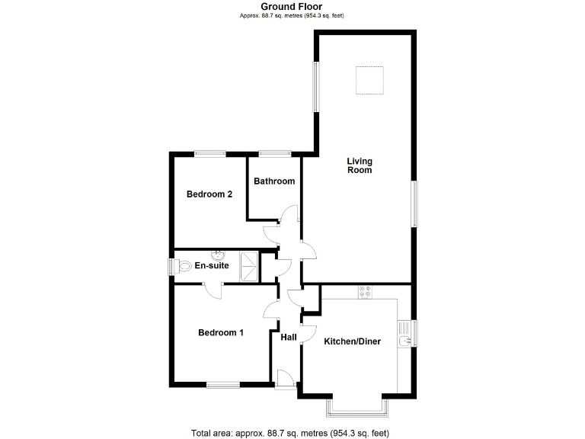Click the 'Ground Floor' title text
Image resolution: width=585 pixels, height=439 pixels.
[x=292, y=7]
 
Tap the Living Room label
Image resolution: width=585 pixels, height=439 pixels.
[x=360, y=165]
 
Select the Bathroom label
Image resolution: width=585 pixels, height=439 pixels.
[x=274, y=181]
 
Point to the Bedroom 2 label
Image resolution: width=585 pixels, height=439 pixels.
[x=209, y=194]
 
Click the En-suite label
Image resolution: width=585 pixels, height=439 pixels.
[x=212, y=266]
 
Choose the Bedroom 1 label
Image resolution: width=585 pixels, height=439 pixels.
[x=221, y=332]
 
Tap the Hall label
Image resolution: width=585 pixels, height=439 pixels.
[x=289, y=338]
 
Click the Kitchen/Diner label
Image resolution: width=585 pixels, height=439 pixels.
[x=352, y=341]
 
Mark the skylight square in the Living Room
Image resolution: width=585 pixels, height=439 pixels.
[x=369, y=80]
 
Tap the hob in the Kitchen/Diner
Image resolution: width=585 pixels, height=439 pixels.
[x=364, y=292]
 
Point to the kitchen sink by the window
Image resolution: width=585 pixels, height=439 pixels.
[x=406, y=334]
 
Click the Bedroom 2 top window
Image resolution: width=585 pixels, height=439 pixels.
[x=209, y=154]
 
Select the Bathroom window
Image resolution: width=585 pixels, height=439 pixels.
[x=274, y=154]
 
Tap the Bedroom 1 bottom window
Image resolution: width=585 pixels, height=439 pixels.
[x=223, y=385]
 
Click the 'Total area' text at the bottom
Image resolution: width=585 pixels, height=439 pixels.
[x=292, y=432]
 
